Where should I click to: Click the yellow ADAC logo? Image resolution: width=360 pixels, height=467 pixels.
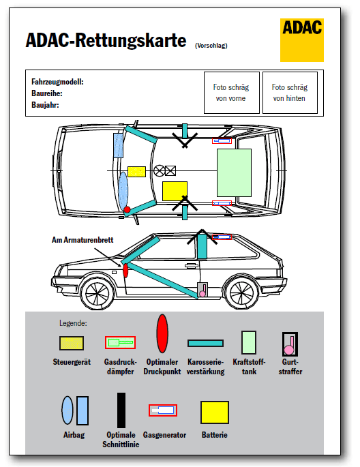tap(301, 40)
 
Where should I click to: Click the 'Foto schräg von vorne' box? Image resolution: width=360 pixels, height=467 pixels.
tap(231, 93)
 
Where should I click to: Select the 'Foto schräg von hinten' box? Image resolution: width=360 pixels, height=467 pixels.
tap(290, 93)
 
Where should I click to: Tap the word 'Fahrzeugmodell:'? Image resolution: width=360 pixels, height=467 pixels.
tap(57, 82)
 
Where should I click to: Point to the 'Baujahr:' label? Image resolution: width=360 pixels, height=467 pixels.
tap(45, 105)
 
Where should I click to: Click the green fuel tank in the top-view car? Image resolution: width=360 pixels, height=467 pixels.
tap(234, 172)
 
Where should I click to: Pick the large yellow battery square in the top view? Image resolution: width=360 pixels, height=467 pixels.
tap(175, 191)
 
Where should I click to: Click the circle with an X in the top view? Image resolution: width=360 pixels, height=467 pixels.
tap(160, 170)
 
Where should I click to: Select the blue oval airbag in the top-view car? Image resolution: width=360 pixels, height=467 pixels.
tap(123, 191)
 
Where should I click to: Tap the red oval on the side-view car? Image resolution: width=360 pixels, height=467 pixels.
tap(125, 270)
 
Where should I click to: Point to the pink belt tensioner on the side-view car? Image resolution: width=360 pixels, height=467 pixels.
tap(202, 290)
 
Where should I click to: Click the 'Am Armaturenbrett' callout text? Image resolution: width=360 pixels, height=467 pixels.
tap(82, 240)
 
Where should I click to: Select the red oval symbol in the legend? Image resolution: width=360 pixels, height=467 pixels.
tap(162, 333)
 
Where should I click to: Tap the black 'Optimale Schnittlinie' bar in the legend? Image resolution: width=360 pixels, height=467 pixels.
tap(121, 410)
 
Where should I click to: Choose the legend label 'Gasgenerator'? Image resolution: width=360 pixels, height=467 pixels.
tap(164, 435)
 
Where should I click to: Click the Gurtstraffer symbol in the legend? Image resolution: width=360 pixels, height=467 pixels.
tap(290, 344)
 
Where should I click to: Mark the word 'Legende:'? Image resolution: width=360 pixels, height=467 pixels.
tap(73, 323)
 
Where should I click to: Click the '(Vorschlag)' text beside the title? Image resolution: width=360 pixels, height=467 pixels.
tap(211, 46)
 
